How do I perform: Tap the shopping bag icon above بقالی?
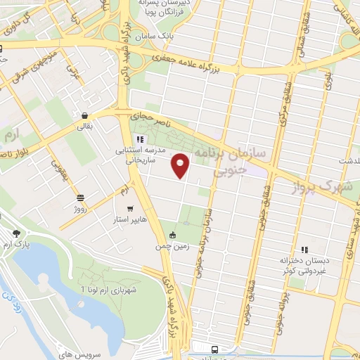(x=84, y=116)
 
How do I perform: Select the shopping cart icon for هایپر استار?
(x=130, y=209)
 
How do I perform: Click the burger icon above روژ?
(x=80, y=198)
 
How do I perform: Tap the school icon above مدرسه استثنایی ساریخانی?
(x=140, y=139)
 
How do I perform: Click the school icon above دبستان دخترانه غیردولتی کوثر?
(x=304, y=249)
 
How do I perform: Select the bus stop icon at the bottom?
(x=213, y=349)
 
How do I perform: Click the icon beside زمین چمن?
(x=173, y=235)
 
